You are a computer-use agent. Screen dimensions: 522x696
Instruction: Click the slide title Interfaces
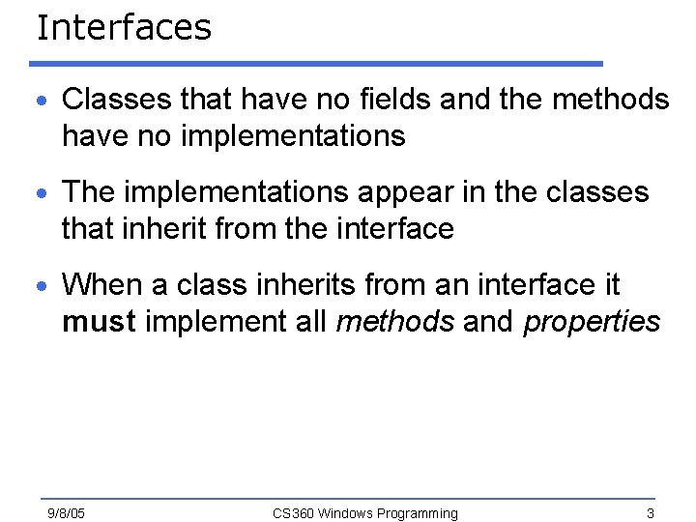pos(124,27)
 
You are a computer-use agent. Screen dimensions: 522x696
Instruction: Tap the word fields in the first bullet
pos(314,99)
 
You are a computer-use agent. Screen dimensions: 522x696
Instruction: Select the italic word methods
pos(394,322)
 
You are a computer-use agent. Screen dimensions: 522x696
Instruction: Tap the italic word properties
pos(592,322)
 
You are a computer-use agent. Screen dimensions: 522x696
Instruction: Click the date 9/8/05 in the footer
pos(67,512)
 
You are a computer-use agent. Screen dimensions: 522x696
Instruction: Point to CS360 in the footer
pos(293,512)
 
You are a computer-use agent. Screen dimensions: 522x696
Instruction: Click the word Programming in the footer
pos(418,512)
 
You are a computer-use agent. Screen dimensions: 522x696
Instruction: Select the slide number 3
pos(651,512)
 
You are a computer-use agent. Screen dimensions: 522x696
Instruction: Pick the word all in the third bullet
pos(310,322)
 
